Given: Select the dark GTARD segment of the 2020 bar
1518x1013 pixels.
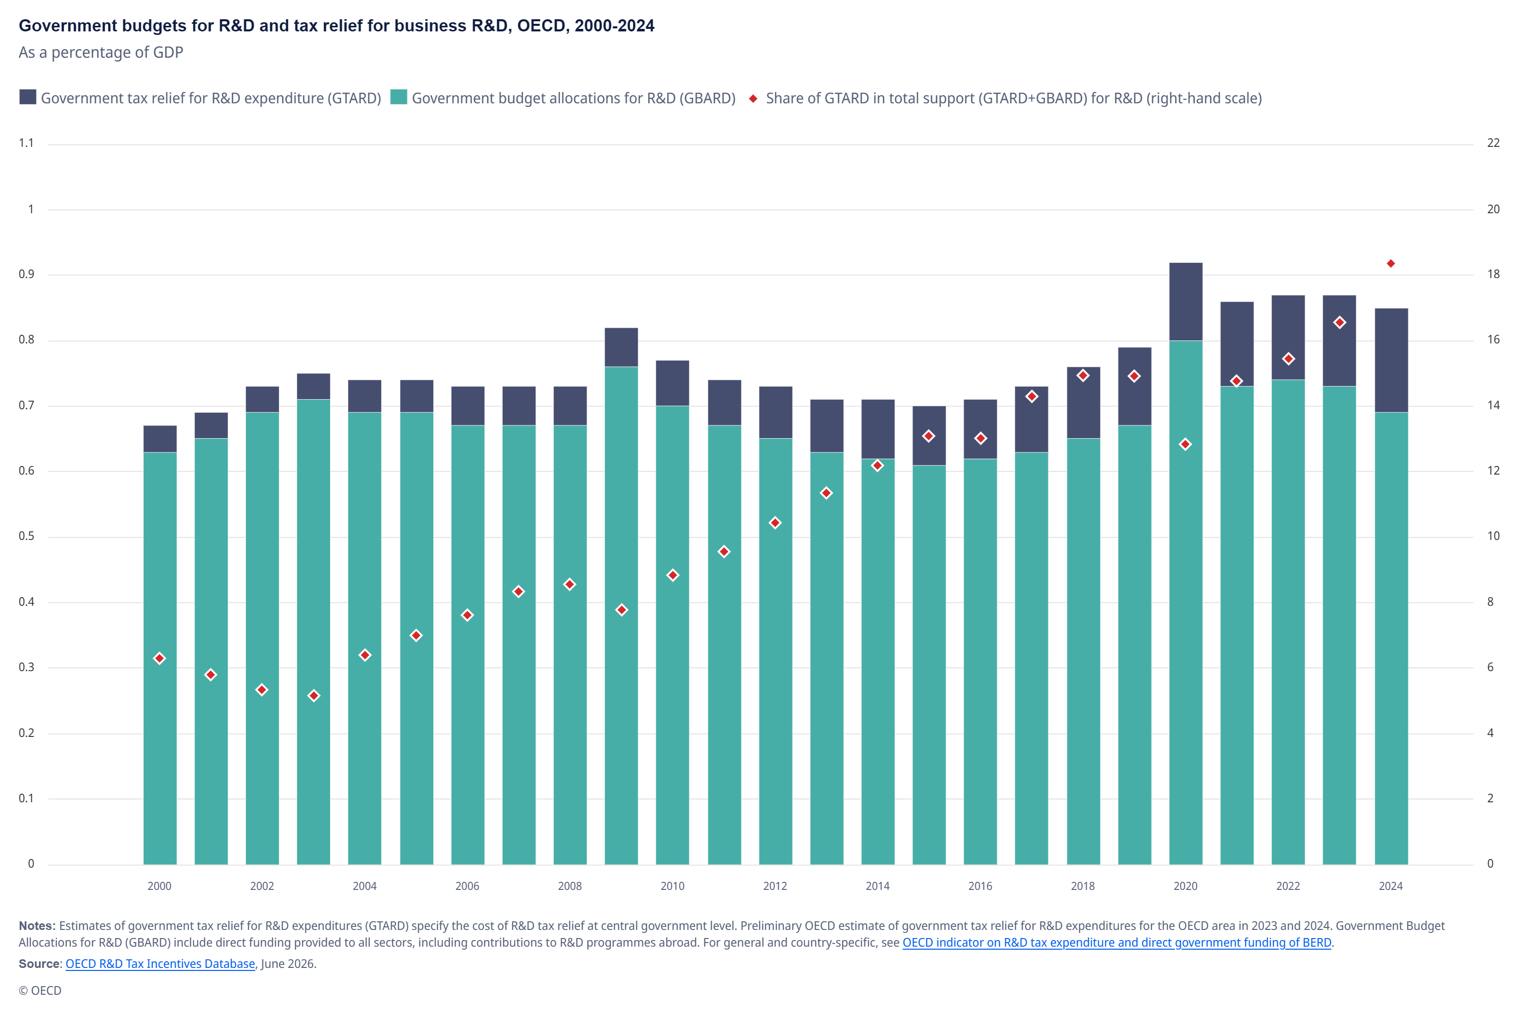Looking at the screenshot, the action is (x=1185, y=302).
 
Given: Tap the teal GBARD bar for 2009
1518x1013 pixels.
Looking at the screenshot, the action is (x=621, y=616).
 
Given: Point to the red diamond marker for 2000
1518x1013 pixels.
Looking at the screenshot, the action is (x=159, y=658).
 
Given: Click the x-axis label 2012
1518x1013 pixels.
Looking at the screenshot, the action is (x=775, y=886).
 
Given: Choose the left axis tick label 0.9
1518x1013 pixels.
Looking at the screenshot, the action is (x=26, y=274).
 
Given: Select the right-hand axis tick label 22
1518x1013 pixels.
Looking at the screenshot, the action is (x=1493, y=143).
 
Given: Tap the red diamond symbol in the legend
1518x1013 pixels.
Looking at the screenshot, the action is (x=753, y=98).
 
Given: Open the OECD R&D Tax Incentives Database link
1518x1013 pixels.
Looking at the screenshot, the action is (x=160, y=963).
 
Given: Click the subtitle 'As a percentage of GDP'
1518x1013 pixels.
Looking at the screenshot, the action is (x=101, y=52).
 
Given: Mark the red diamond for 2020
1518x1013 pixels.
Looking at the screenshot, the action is (x=1185, y=445).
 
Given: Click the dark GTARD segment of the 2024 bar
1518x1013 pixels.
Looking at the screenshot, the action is (x=1391, y=361).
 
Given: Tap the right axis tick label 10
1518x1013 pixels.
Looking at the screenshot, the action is (x=1493, y=535).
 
